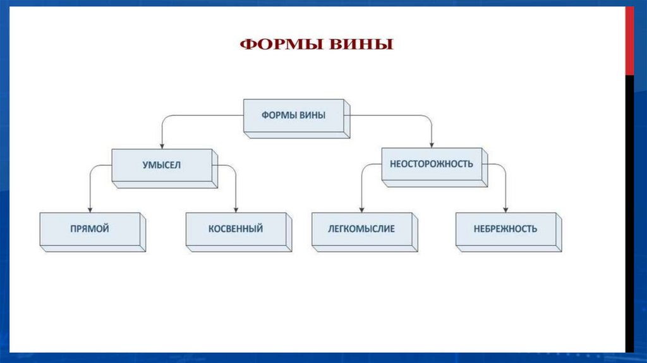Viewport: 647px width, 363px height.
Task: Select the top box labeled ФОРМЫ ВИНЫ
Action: click(294, 116)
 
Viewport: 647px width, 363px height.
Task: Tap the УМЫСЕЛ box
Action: click(162, 165)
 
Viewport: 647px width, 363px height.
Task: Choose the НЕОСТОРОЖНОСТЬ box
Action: click(432, 164)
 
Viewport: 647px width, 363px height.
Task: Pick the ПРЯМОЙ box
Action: click(90, 229)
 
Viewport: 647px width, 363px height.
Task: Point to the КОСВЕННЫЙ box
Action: click(236, 229)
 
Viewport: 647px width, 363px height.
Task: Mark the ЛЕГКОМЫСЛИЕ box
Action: click(362, 229)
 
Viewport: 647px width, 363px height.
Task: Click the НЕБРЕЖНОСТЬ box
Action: click(505, 229)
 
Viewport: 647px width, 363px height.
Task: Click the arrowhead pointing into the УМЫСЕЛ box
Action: click(162, 145)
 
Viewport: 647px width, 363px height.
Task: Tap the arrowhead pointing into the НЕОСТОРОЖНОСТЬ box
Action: click(432, 145)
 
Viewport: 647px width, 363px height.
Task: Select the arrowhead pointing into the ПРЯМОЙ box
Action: click(90, 209)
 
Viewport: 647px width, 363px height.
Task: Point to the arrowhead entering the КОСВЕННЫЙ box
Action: click(236, 209)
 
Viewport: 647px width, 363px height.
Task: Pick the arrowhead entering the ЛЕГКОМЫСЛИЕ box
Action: click(361, 209)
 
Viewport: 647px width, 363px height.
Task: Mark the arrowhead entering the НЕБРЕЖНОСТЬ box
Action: click(505, 209)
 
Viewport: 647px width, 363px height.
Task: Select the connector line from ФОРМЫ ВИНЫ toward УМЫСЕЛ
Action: click(202, 116)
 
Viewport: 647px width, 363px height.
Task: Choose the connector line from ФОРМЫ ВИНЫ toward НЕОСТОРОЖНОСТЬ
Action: click(392, 116)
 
